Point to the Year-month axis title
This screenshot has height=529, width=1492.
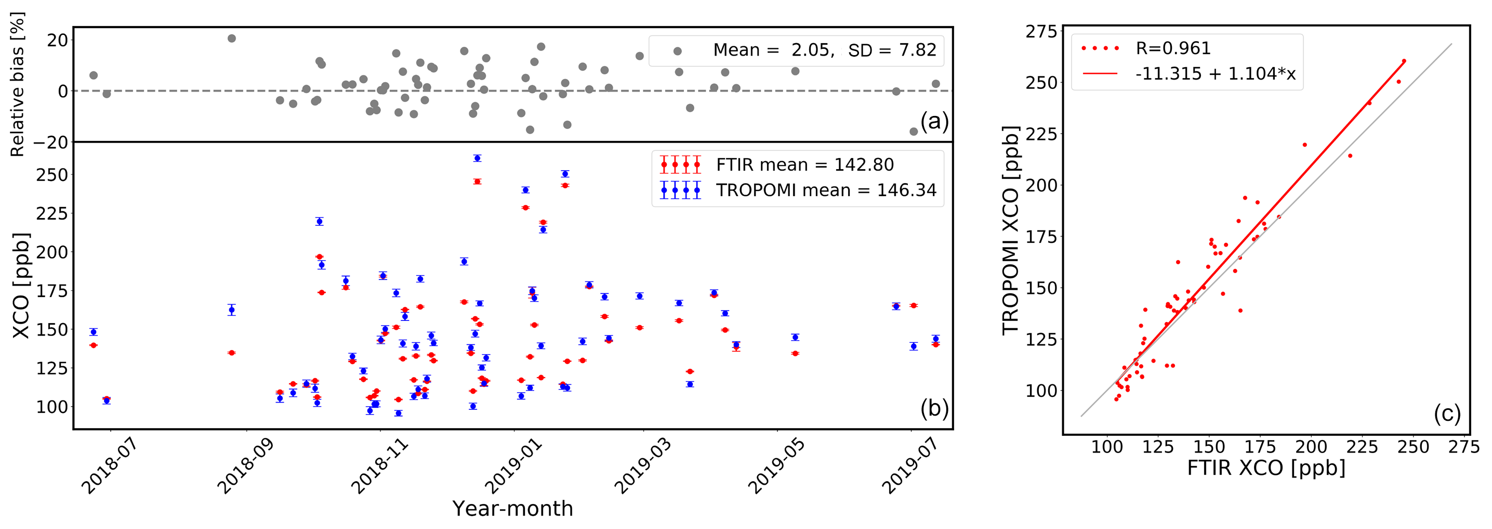512,508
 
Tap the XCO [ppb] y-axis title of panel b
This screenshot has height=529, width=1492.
21,285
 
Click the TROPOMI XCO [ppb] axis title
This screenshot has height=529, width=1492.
1011,230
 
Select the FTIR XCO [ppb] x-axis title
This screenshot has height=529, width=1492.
1266,468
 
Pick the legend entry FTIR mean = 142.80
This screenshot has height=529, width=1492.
804,165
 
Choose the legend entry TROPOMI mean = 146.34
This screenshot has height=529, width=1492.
825,190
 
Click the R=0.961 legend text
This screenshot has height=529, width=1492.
1173,48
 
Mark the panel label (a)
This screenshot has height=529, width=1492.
934,121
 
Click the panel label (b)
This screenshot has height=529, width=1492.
934,408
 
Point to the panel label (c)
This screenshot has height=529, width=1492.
1447,414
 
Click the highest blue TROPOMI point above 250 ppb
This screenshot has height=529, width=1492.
477,158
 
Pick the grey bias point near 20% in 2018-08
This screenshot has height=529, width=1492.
232,38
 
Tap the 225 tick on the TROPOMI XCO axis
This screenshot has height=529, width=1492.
1041,134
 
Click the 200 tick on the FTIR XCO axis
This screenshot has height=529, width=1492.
1311,447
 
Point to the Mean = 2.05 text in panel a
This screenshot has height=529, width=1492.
773,50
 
